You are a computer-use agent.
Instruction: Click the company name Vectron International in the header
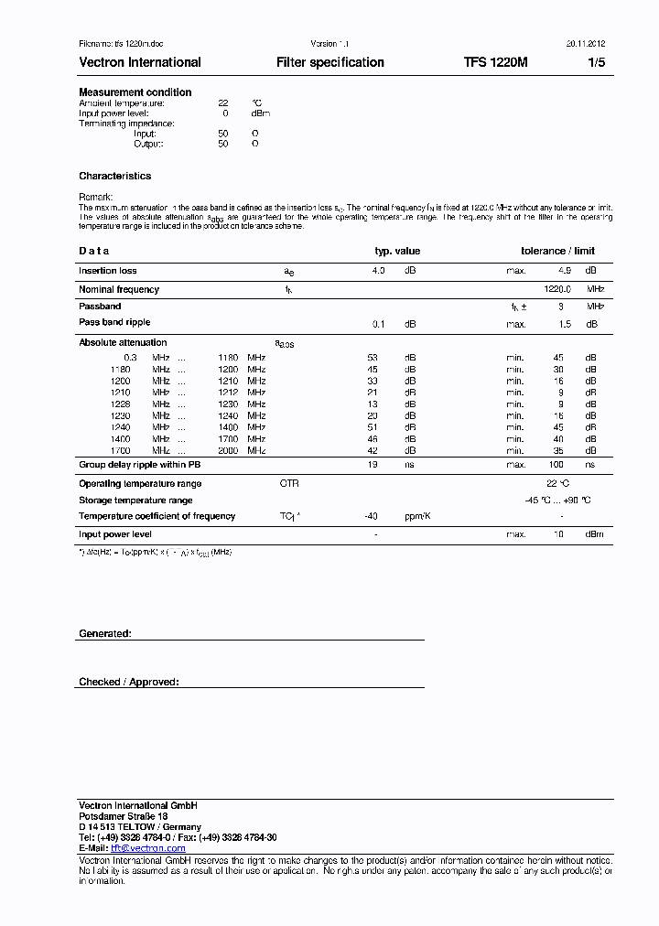[x=140, y=62]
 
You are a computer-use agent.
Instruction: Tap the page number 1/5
[x=596, y=62]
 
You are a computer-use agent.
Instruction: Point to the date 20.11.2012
[x=579, y=44]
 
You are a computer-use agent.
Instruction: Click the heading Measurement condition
[x=135, y=92]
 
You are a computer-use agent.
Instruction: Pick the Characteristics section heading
[x=115, y=176]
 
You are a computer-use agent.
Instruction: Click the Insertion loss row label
[x=108, y=271]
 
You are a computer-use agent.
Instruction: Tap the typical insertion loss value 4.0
[x=378, y=271]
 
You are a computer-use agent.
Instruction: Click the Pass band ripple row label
[x=114, y=323]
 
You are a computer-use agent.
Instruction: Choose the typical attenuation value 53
[x=373, y=357]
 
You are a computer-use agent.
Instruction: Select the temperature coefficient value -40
[x=371, y=517]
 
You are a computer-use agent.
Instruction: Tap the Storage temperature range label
[x=135, y=501]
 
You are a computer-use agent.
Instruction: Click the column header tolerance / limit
[x=557, y=251]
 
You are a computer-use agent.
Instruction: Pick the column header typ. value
[x=397, y=251]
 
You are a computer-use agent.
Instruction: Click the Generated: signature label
[x=105, y=633]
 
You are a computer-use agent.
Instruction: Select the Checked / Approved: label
[x=129, y=682]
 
